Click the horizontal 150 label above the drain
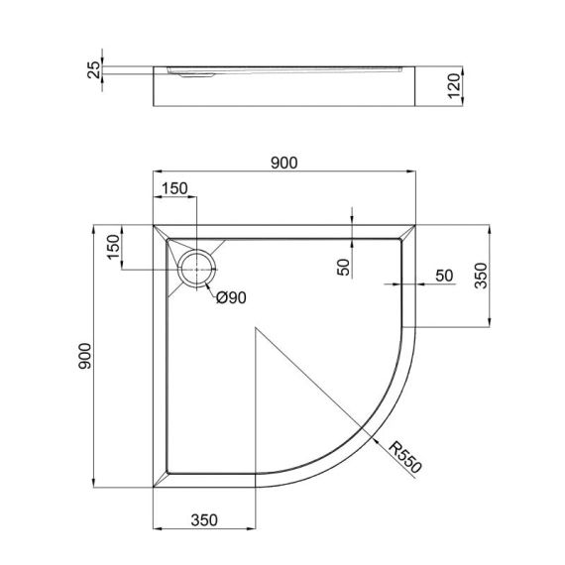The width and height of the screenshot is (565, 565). pyautogui.click(x=174, y=189)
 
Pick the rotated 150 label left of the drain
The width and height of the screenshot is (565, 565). pyautogui.click(x=114, y=248)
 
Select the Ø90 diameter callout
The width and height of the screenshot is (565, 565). pyautogui.click(x=231, y=297)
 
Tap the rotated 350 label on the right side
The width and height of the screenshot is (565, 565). pyautogui.click(x=482, y=275)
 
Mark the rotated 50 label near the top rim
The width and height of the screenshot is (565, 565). pyautogui.click(x=343, y=267)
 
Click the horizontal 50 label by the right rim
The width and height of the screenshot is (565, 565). pyautogui.click(x=443, y=276)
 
